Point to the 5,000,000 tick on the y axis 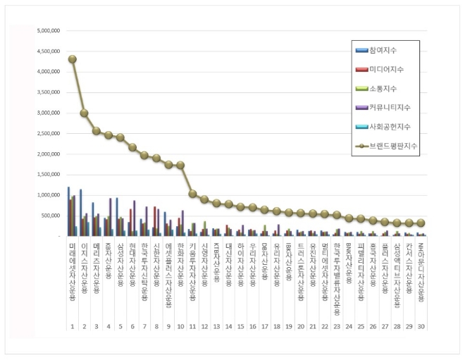tap(49, 31)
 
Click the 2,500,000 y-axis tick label tap(49, 133)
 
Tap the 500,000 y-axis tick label tap(51, 216)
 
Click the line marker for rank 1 tap(72, 59)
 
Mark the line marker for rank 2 tap(84, 113)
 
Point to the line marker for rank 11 tap(192, 193)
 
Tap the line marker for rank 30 tap(421, 223)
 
